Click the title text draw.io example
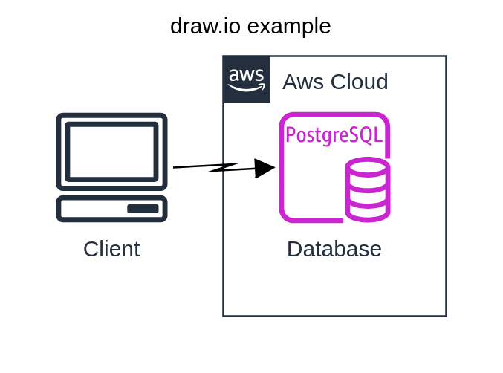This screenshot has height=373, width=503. click(x=250, y=26)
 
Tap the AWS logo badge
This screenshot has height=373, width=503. click(x=247, y=79)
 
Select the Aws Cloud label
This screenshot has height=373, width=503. click(x=335, y=82)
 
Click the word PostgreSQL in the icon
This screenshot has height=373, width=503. click(x=334, y=135)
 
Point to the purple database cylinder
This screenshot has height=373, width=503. click(x=368, y=189)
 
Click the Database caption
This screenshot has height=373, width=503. click(x=334, y=249)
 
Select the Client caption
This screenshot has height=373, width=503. click(x=111, y=249)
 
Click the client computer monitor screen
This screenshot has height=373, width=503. click(x=111, y=152)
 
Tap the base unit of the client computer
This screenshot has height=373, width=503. click(x=111, y=209)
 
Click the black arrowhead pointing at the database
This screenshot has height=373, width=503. click(x=265, y=168)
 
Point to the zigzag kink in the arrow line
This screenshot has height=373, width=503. click(x=223, y=168)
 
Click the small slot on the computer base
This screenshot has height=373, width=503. click(x=143, y=209)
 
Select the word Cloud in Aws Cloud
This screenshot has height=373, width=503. click(x=360, y=82)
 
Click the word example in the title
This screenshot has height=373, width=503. click(x=289, y=26)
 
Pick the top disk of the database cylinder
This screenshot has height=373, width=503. click(x=368, y=166)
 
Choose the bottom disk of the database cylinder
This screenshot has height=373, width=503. click(x=368, y=212)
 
